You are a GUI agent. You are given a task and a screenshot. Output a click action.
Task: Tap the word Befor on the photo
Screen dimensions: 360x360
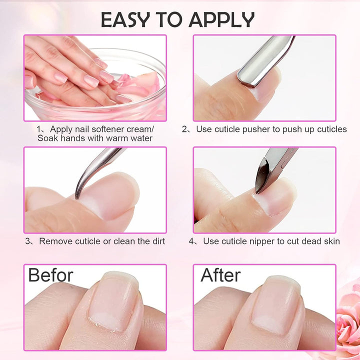50,275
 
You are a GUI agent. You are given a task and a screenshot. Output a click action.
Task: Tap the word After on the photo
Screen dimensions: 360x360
220,275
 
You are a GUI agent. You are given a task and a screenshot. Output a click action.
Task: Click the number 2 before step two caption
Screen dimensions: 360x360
184,129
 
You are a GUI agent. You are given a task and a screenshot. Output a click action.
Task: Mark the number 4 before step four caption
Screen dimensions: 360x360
191,241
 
